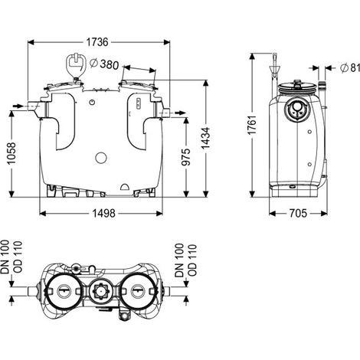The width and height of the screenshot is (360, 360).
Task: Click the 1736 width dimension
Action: pyautogui.click(x=97, y=42)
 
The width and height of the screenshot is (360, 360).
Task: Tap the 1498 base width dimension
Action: pyautogui.click(x=103, y=213)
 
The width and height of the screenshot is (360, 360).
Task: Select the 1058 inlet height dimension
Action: pyautogui.click(x=11, y=153)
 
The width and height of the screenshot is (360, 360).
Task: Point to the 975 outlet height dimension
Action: pyautogui.click(x=186, y=157)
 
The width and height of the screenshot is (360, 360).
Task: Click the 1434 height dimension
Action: pyautogui.click(x=205, y=138)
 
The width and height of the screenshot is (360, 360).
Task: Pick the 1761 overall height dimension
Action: pyautogui.click(x=252, y=125)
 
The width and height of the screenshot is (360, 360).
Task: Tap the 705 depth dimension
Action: pyautogui.click(x=298, y=213)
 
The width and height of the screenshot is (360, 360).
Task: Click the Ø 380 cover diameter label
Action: pyautogui.click(x=104, y=64)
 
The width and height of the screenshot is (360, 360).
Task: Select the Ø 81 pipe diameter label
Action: pyautogui.click(x=350, y=67)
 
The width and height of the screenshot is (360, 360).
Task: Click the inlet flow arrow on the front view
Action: pyautogui.click(x=18, y=106)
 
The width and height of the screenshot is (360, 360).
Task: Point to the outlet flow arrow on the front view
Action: pyautogui.click(x=180, y=113)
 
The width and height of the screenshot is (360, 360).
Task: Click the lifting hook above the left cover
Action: pyautogui.click(x=76, y=64)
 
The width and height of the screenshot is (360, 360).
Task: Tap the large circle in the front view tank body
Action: pyautogui.click(x=101, y=158)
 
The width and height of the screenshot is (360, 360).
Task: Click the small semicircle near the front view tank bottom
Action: pyautogui.click(x=125, y=187)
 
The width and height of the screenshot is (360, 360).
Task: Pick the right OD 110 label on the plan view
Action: pyautogui.click(x=192, y=260)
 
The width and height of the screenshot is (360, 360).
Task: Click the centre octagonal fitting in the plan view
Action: pyautogui.click(x=101, y=291)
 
